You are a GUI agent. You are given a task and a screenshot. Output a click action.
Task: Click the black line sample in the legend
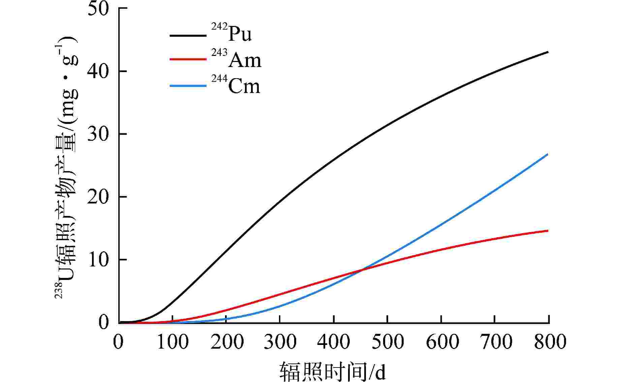coord(188,35)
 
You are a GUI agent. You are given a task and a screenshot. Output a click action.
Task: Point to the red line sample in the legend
coord(188,59)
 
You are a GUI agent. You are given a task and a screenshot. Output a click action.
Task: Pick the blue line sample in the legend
coord(188,86)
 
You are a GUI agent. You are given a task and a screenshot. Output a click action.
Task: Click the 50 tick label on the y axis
coord(98,8)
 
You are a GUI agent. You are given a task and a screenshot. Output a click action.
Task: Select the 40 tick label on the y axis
coord(98,71)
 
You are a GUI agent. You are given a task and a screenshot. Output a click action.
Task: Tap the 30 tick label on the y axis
coord(98,134)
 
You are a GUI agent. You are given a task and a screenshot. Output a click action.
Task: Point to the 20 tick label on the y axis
coord(98,197)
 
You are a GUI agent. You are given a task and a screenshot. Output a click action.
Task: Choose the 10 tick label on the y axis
coord(98,260)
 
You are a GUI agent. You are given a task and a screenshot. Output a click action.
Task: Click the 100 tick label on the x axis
coord(172,342)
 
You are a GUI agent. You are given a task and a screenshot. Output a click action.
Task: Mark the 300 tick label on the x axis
coord(280,342)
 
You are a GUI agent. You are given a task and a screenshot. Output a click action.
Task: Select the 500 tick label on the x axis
coord(387,342)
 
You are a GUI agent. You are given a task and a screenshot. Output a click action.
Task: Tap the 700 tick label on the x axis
coord(495,342)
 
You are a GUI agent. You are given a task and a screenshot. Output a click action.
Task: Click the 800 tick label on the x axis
coord(549,342)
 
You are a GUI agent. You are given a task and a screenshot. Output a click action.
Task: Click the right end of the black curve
coord(548,52)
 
